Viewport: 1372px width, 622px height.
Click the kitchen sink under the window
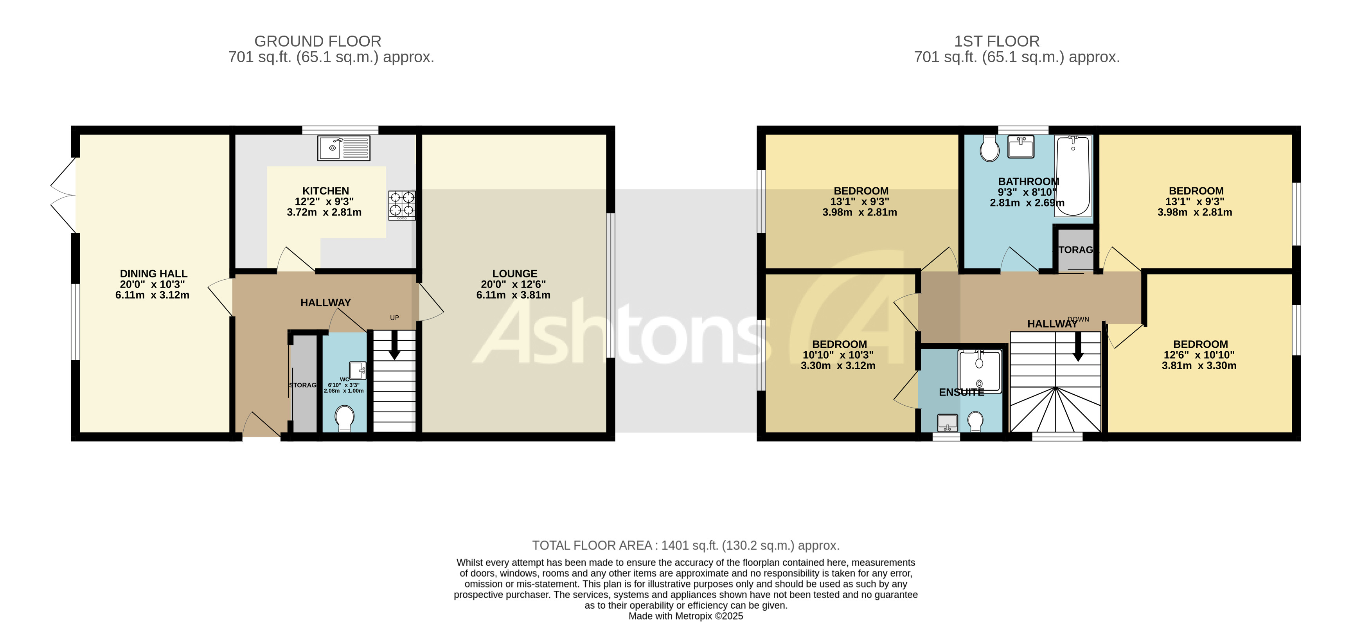click(343, 148)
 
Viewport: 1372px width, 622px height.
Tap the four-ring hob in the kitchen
click(402, 205)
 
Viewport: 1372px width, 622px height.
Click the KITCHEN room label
click(325, 191)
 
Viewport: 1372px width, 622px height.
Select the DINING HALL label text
click(153, 274)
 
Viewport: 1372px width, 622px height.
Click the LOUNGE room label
click(514, 274)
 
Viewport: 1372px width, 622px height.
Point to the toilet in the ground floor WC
click(345, 418)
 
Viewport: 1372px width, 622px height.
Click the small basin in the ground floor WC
click(358, 370)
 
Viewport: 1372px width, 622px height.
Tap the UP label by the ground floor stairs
click(394, 318)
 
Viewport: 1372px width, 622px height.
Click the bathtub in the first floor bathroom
click(1073, 176)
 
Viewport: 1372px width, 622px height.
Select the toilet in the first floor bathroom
click(990, 148)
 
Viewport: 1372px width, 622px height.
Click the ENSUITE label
click(961, 392)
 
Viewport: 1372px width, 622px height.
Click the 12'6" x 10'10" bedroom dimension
click(1199, 355)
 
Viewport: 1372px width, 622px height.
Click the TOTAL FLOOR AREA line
click(685, 545)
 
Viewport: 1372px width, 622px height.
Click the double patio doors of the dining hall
click(64, 196)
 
